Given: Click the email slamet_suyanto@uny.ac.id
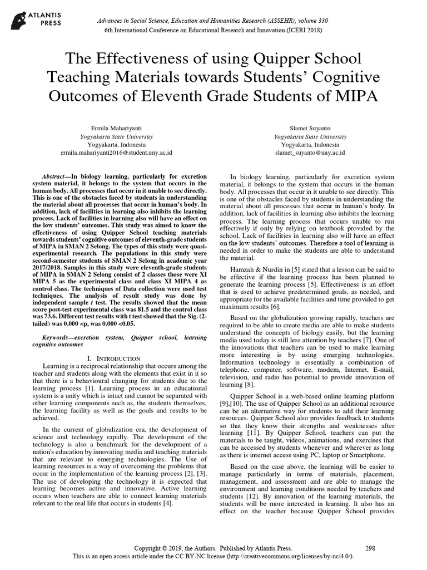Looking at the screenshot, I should (310, 152).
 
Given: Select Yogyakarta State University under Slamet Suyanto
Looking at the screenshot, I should (310, 136).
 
